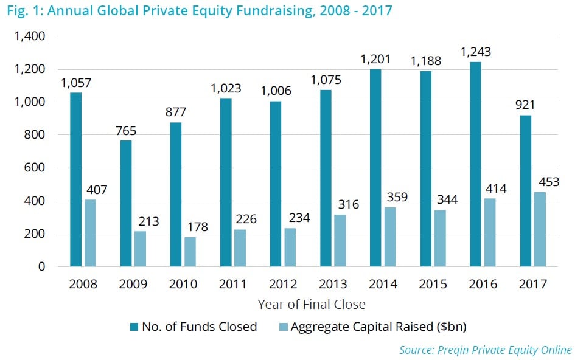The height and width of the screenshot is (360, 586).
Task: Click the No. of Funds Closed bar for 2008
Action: (75, 179)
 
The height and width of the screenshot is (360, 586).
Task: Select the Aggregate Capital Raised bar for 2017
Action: (539, 229)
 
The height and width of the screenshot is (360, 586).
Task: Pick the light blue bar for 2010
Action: (190, 252)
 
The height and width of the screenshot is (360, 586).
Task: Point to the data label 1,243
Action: (475, 52)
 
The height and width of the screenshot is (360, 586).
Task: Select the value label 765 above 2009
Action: (125, 131)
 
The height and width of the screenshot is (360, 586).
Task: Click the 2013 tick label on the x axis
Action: (333, 284)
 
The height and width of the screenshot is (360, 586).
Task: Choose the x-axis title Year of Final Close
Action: (312, 304)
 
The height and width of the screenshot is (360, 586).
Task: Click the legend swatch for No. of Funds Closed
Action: (133, 327)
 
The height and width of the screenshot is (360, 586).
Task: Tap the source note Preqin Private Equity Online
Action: (485, 350)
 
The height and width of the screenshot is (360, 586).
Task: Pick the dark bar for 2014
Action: (375, 168)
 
